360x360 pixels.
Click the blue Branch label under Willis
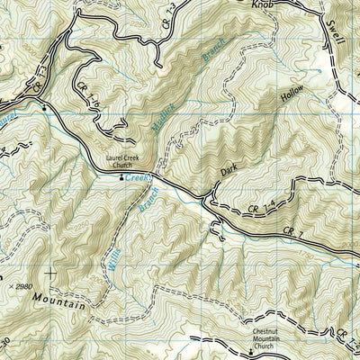tap(144, 197)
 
